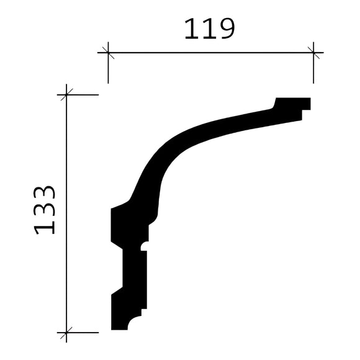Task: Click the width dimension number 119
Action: (x=209, y=29)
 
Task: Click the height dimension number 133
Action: (x=45, y=209)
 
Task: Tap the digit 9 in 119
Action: (x=225, y=29)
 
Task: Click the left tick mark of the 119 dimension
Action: (x=108, y=53)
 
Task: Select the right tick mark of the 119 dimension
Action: (x=313, y=53)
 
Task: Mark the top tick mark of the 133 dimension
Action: (x=66, y=95)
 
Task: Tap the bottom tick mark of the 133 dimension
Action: (x=66, y=333)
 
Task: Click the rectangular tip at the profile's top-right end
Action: (x=293, y=103)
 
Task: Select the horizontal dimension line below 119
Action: (x=211, y=53)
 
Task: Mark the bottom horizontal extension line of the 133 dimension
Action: (x=84, y=333)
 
